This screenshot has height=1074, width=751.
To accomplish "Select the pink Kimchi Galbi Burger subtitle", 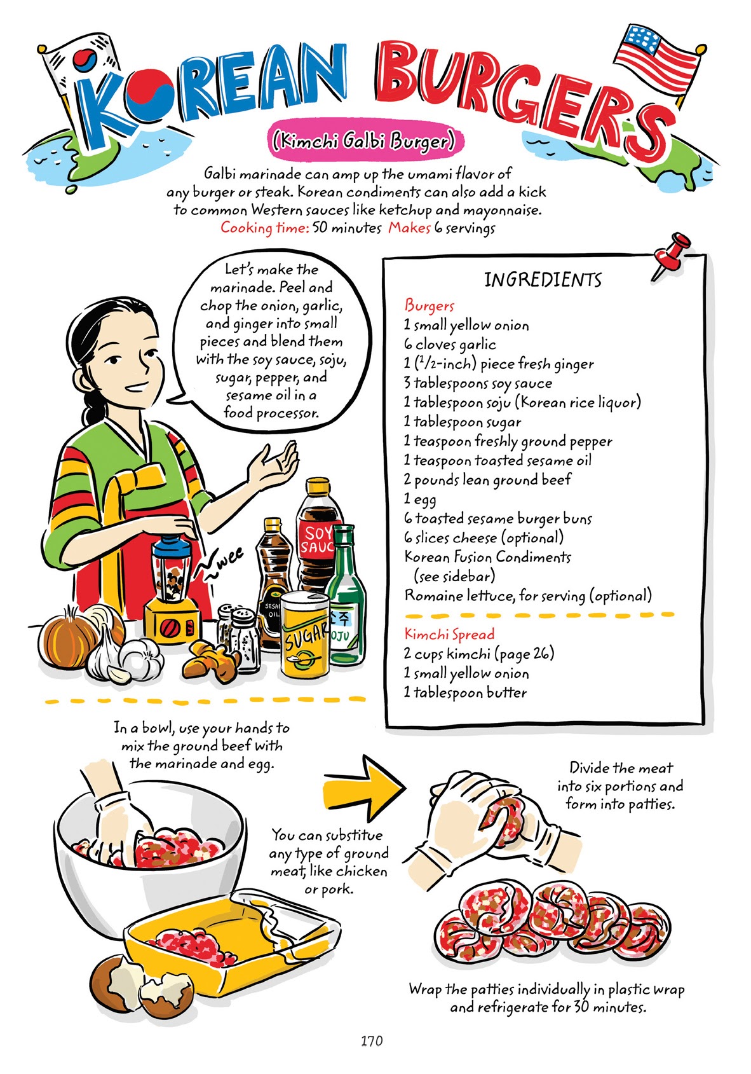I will (364, 139).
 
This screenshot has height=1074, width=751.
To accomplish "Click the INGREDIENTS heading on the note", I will (543, 280).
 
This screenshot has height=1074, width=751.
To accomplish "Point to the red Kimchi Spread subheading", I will (449, 634).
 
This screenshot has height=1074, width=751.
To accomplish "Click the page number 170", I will (372, 1040).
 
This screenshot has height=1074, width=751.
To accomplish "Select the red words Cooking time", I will (264, 228).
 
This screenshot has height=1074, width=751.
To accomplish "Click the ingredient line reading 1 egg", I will (420, 499).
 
